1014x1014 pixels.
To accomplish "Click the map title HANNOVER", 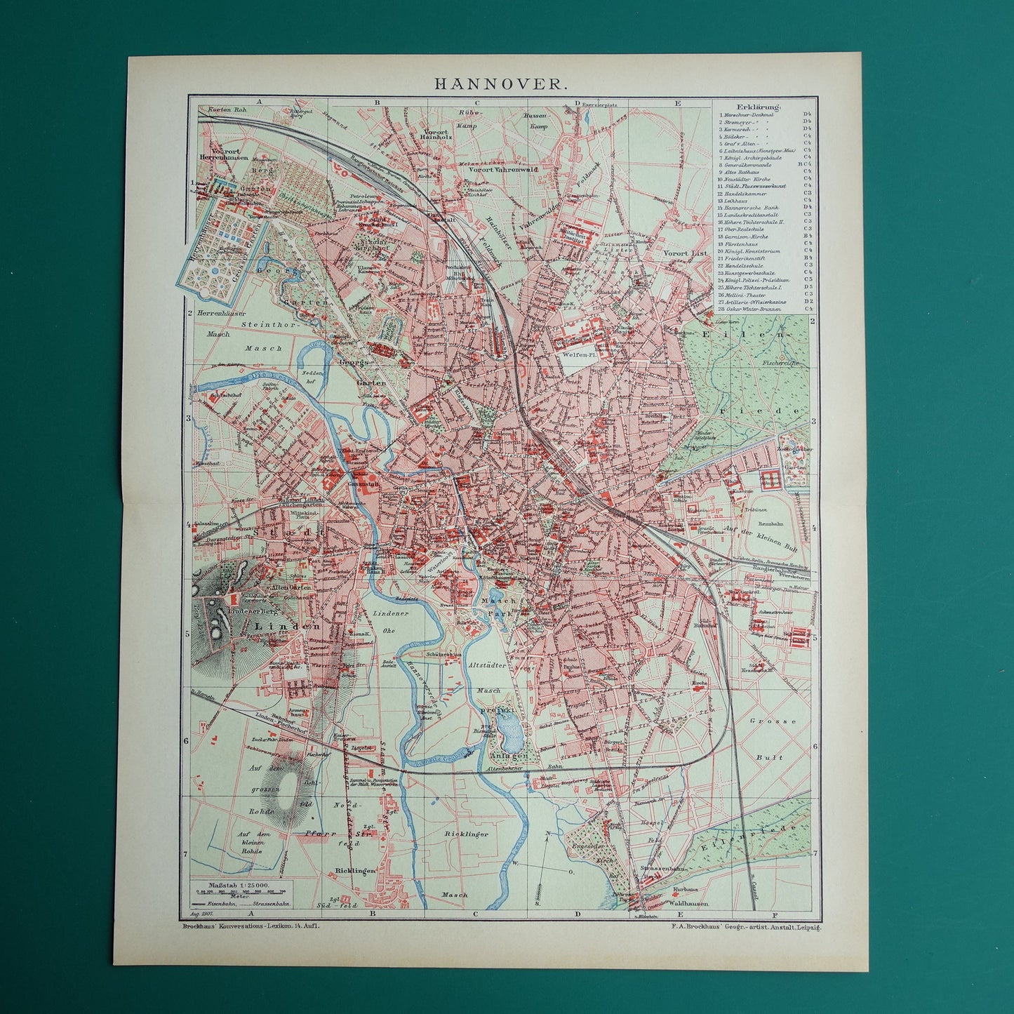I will click(498, 83).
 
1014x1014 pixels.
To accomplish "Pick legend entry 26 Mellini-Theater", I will click(754, 294).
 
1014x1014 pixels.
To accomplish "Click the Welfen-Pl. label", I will click(574, 355).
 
